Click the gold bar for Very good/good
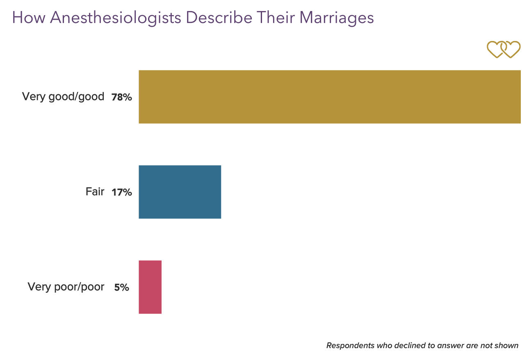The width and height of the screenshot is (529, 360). click(330, 97)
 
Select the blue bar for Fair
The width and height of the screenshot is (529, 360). click(180, 192)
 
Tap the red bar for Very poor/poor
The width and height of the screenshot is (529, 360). click(150, 287)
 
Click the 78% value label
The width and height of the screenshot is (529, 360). click(121, 98)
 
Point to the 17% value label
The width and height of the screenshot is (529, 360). click(121, 192)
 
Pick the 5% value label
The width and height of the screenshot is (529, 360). click(121, 287)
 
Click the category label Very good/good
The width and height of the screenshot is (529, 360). click(63, 97)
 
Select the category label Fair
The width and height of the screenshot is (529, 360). click(95, 191)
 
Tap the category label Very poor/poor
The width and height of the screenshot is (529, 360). click(66, 287)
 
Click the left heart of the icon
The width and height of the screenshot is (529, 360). click(495, 49)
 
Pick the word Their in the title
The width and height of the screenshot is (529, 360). click(277, 18)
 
